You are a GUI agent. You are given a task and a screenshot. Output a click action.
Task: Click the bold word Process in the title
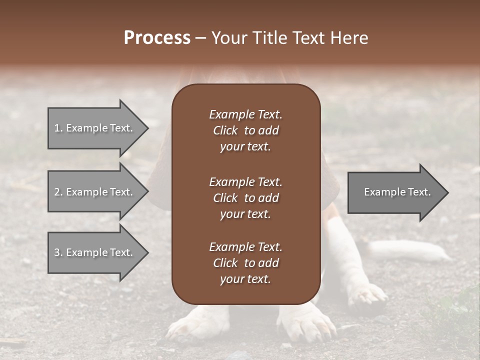[157, 38]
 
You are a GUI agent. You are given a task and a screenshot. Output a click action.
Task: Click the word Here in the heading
[349, 38]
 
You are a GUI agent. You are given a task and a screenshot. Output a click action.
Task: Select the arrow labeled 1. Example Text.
[95, 128]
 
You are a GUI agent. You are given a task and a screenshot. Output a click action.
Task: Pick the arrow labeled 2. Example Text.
[95, 192]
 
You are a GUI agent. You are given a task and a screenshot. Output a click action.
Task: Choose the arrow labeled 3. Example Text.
[95, 252]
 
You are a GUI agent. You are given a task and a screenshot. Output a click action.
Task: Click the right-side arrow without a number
[395, 192]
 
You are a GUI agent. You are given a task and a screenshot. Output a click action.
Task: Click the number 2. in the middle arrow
[58, 192]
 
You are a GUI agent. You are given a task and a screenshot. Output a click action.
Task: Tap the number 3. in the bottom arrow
[58, 252]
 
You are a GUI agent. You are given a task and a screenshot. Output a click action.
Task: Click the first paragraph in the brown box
[245, 130]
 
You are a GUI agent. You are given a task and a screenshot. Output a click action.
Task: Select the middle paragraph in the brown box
[245, 198]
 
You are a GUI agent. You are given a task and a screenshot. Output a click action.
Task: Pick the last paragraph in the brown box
[245, 263]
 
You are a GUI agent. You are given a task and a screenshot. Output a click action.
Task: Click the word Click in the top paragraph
[225, 130]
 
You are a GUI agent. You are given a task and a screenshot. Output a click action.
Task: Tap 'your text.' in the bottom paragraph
[245, 279]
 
